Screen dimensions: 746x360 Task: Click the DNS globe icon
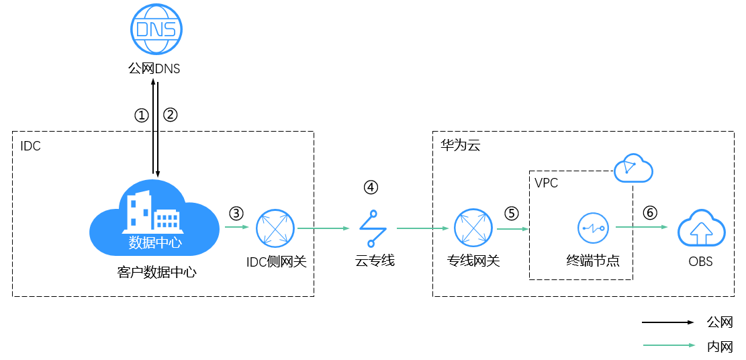click(156, 29)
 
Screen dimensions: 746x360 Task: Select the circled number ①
click(141, 116)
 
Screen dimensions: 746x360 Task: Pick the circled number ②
click(170, 116)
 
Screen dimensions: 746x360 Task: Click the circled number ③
click(236, 214)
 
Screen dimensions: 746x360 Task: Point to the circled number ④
click(371, 187)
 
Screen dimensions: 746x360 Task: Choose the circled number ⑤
click(512, 214)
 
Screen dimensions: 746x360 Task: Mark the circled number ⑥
click(650, 213)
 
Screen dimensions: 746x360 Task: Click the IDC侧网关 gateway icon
click(275, 228)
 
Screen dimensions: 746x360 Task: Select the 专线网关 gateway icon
click(473, 228)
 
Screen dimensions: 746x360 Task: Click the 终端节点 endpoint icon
click(594, 228)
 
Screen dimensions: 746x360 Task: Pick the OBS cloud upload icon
click(701, 230)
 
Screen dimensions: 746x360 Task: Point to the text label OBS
click(700, 261)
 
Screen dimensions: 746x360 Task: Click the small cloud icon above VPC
click(633, 168)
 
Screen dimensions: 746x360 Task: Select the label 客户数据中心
click(156, 273)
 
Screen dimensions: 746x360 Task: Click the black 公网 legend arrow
click(668, 322)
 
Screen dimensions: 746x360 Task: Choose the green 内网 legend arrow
click(668, 345)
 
